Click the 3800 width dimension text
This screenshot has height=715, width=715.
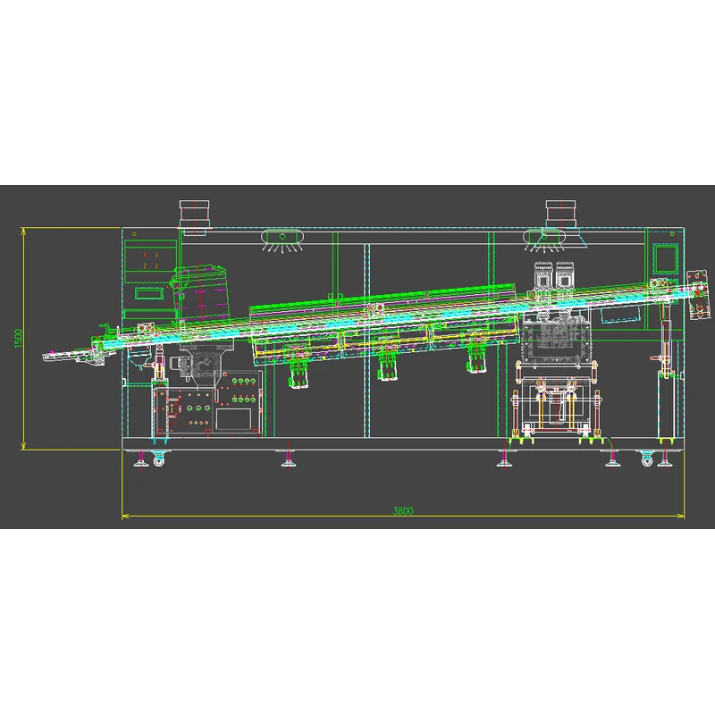point(403,510)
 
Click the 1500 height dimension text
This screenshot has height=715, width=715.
point(18,339)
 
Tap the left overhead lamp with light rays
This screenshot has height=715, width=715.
point(282,240)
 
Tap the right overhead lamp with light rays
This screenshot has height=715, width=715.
point(543,240)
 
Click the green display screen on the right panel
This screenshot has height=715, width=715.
point(666,259)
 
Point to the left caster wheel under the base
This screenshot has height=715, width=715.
point(158,458)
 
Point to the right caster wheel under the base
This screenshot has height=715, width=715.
point(646,458)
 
